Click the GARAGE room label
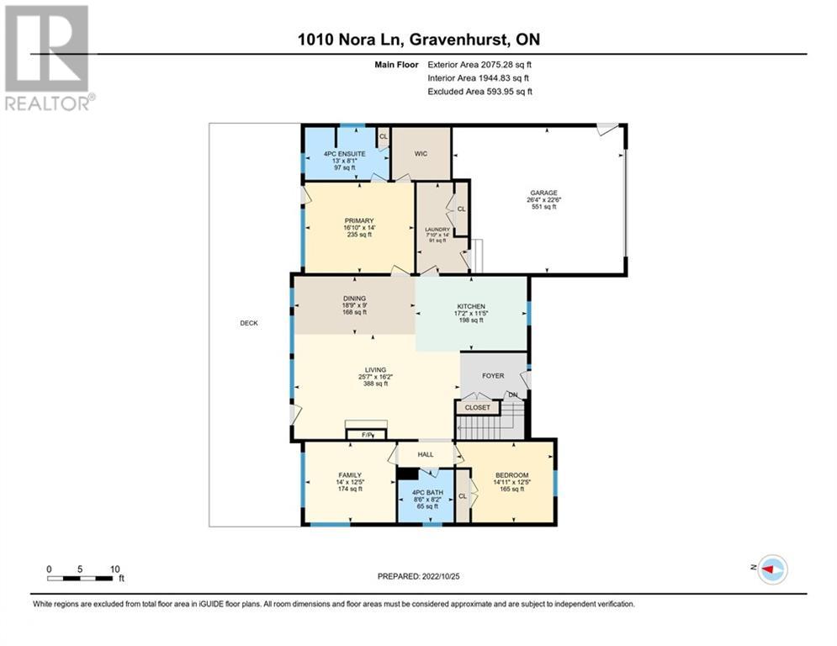[543, 193]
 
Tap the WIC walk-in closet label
[421, 154]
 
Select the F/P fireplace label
[368, 435]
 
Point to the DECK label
[249, 323]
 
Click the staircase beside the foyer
[491, 421]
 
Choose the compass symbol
[772, 569]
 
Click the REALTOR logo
[48, 58]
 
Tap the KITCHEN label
[471, 306]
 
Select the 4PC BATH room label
[427, 493]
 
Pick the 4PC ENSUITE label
[345, 154]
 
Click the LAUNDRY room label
[437, 230]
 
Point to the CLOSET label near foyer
[477, 407]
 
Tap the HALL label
[426, 454]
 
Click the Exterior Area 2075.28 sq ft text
[479, 65]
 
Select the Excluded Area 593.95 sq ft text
[479, 92]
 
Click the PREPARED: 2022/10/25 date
[419, 576]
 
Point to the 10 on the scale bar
[114, 569]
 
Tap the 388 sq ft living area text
[375, 384]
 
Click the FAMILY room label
[350, 475]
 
